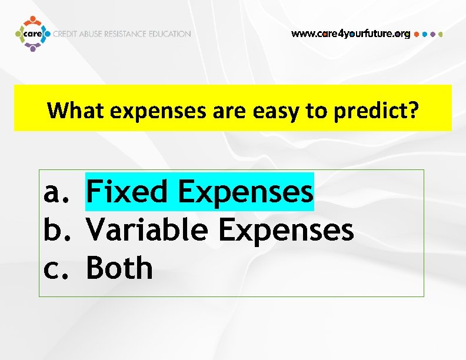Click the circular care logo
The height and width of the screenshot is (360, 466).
point(33,34)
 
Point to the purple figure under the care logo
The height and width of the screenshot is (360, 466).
point(33,48)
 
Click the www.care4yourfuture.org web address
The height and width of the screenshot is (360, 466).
point(351,34)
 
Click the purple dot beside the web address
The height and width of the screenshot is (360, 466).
point(433,34)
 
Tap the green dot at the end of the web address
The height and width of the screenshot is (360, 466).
point(441,34)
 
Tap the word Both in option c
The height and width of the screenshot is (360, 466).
point(119,268)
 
